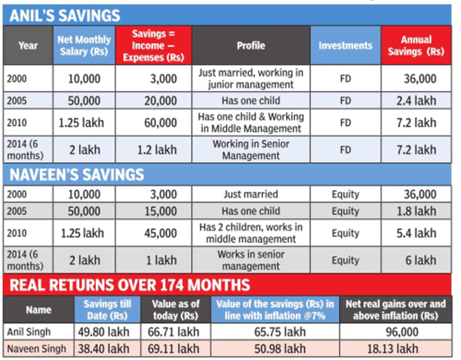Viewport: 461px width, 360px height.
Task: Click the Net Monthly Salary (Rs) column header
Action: point(84,45)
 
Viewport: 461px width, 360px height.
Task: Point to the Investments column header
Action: point(345,45)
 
